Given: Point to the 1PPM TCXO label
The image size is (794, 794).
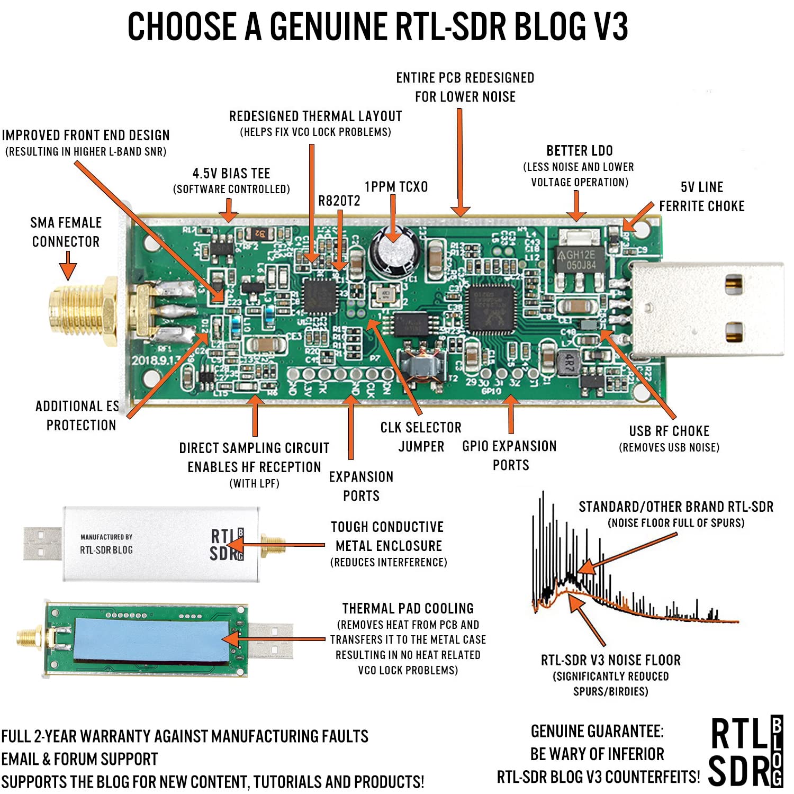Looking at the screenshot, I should [396, 187].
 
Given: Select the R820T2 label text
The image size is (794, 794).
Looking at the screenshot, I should [339, 201].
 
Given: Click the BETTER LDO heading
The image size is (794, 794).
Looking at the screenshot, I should [580, 151].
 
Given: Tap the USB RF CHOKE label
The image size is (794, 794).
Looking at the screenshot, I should [669, 431].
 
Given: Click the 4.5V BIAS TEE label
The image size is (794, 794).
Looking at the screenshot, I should [231, 174].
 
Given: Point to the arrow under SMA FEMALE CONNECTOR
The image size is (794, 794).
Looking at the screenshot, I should [67, 266].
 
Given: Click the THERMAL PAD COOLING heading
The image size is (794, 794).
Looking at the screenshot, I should [408, 609].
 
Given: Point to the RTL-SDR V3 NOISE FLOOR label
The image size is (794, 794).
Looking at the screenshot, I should [610, 660].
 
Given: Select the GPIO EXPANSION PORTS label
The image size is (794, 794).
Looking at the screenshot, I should [510, 455].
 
